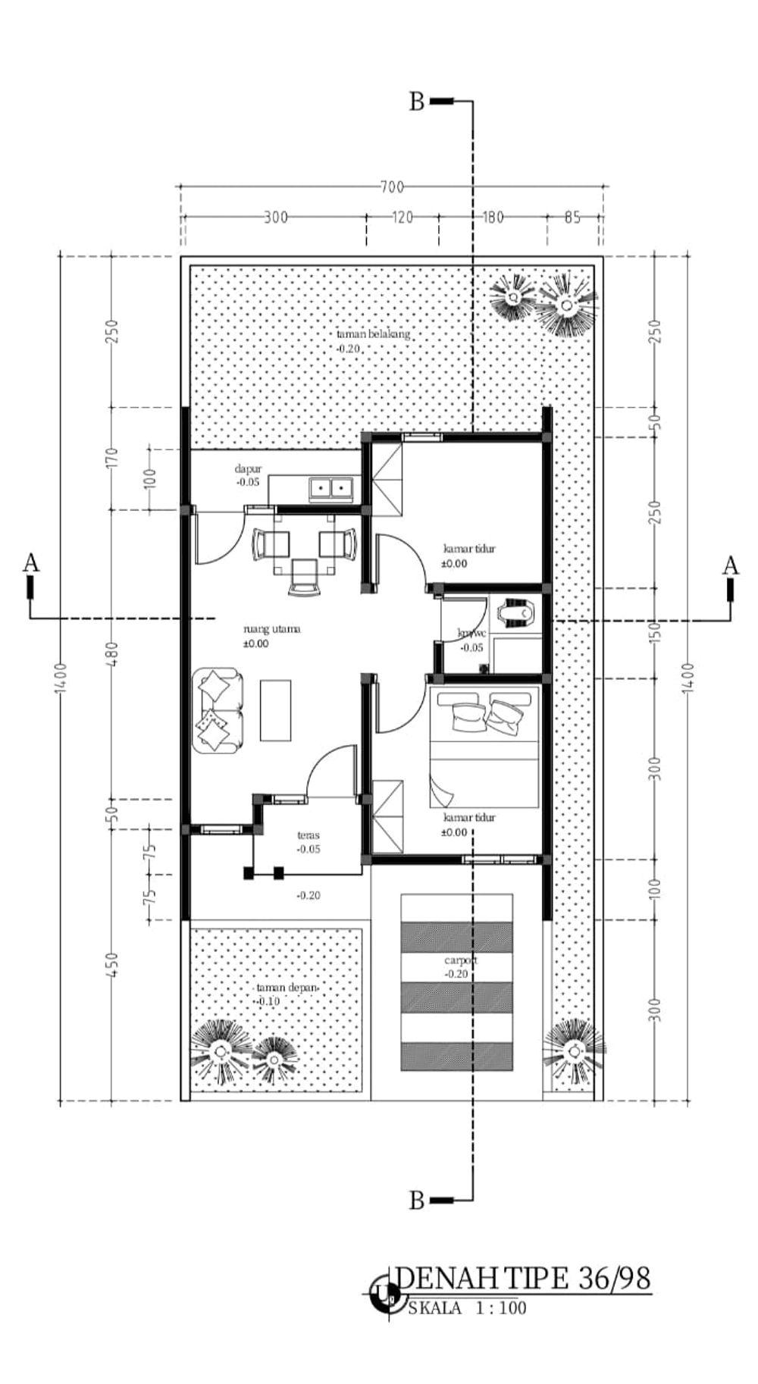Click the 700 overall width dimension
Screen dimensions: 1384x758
[392, 186]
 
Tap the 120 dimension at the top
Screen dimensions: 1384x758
[402, 218]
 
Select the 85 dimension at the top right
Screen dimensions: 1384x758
[573, 218]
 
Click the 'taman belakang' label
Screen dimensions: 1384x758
[373, 333]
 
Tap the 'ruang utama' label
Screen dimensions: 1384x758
[271, 628]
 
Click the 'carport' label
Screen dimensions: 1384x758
[461, 960]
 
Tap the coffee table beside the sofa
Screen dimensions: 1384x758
[275, 710]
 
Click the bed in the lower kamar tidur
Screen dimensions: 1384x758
[485, 747]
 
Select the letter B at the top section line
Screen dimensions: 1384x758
[417, 102]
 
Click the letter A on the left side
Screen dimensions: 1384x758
[30, 563]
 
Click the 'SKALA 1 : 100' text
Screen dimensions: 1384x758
[467, 1307]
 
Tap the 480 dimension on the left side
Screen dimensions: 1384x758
[112, 653]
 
